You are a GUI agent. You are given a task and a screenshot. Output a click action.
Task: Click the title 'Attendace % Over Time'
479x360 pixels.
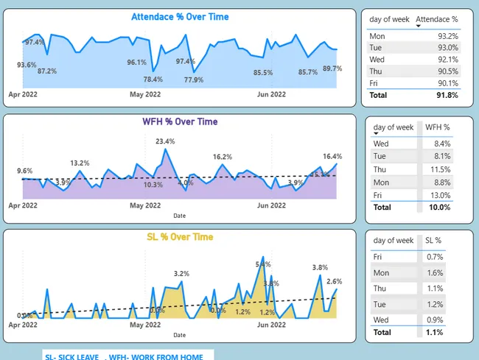pos(180,17)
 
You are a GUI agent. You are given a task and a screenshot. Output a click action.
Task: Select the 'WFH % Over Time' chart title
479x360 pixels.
pos(180,122)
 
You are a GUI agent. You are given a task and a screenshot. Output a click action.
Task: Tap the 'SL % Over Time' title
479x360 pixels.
pos(180,237)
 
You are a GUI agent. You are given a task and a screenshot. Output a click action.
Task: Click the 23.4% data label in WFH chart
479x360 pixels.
pos(165,141)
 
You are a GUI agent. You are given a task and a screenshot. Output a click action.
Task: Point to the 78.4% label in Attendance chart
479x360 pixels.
pos(153,80)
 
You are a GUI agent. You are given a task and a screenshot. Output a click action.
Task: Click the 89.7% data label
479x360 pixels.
pos(332,68)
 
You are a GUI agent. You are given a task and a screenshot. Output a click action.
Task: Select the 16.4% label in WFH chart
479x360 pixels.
pos(332,156)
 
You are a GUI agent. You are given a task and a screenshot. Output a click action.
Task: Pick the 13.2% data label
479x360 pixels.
pos(80,163)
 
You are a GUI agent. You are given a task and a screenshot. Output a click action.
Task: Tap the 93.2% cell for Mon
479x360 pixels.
pos(447,35)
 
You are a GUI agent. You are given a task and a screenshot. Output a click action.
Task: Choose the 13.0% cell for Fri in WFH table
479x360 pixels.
pos(439,195)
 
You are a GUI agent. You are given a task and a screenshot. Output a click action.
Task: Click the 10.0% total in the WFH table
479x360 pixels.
pos(438,208)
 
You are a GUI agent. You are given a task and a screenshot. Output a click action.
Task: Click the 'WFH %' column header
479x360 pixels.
pos(437,127)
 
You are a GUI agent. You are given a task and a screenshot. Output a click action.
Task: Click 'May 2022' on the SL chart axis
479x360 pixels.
pos(145,324)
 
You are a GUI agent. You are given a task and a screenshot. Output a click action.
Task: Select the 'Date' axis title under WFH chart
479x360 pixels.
pos(180,216)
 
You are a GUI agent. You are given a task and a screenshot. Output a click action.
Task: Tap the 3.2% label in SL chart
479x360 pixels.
pos(181,274)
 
